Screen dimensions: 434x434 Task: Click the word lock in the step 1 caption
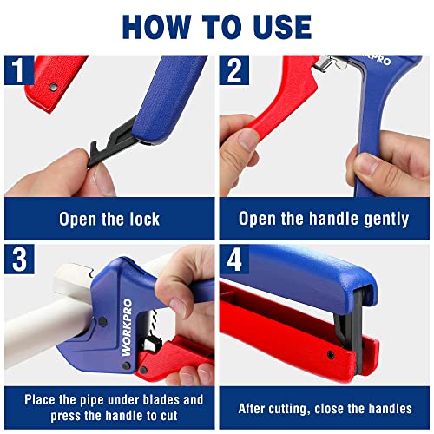tap(141, 219)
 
